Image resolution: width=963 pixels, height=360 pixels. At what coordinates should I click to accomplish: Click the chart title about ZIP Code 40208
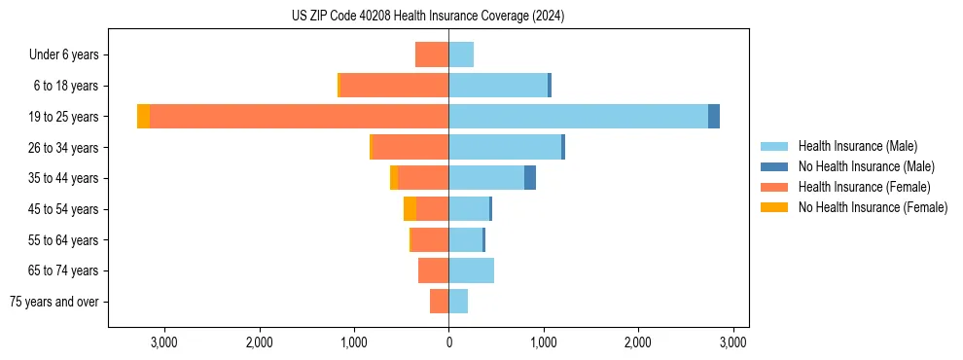point(428,17)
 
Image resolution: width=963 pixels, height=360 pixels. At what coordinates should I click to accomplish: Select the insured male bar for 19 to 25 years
point(578,117)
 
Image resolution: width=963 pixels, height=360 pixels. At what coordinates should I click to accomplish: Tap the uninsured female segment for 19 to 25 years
point(143,117)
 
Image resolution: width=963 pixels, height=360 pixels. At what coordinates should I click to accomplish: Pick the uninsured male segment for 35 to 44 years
point(530,178)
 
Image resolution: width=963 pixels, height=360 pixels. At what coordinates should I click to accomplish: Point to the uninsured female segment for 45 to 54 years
point(410,209)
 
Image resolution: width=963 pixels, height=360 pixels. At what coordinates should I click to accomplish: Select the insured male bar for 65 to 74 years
point(471,270)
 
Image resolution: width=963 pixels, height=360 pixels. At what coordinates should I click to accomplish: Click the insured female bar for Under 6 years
point(432,54)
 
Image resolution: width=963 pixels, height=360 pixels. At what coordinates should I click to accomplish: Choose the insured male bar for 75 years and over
point(458,302)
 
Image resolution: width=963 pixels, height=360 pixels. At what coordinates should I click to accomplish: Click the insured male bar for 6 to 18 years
point(498,86)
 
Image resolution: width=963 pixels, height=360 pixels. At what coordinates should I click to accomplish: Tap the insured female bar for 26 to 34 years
point(410,147)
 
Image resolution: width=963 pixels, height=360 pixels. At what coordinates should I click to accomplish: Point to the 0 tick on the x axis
point(448,342)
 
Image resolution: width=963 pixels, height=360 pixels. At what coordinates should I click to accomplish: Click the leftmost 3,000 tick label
point(163,342)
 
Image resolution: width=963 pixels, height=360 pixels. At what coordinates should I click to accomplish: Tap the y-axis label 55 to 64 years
point(64,240)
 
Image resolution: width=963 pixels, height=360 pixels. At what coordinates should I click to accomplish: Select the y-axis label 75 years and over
point(54,302)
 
